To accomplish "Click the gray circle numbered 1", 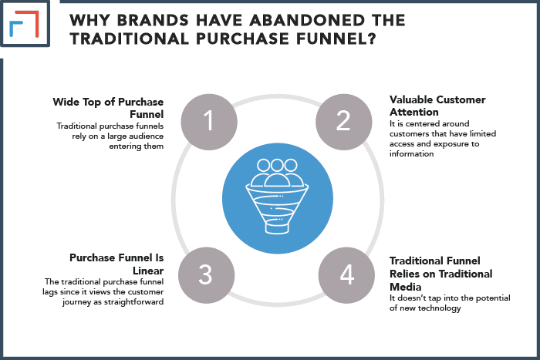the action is tap(209, 122).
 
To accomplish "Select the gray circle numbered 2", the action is tap(344, 122).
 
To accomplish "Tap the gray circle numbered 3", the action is tap(206, 275).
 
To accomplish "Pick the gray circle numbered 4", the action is tap(346, 275).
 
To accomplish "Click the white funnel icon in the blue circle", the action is tap(277, 196).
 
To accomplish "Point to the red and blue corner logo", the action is tap(24, 23).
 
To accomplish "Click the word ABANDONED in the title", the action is tap(306, 20).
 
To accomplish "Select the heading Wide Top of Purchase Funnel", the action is tap(108, 108).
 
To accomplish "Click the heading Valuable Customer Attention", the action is tap(437, 106).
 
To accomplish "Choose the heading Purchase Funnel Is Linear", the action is tap(116, 264).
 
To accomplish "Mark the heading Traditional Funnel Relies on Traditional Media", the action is tap(440, 274).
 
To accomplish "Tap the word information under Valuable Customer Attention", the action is tap(411, 153).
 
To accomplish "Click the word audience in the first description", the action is tap(146, 136).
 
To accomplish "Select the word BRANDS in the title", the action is tap(153, 20).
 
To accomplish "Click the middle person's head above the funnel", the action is tap(277, 165).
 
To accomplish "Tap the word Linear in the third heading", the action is tap(148, 271).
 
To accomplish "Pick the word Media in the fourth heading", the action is tap(405, 287).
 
